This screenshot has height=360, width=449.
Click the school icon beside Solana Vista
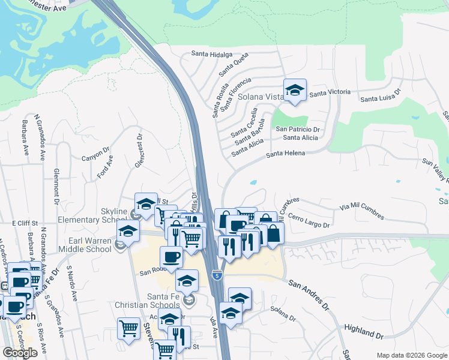point(295,91)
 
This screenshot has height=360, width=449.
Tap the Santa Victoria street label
point(330,92)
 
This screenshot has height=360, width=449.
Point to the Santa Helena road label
point(286,154)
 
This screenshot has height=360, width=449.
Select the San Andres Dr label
point(309,295)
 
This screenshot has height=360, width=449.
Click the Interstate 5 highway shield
point(217,275)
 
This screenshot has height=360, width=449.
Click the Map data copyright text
point(411,355)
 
